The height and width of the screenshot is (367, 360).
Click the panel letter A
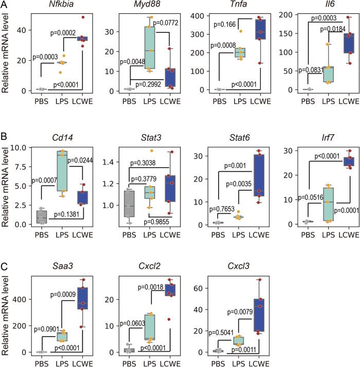[4, 5]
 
